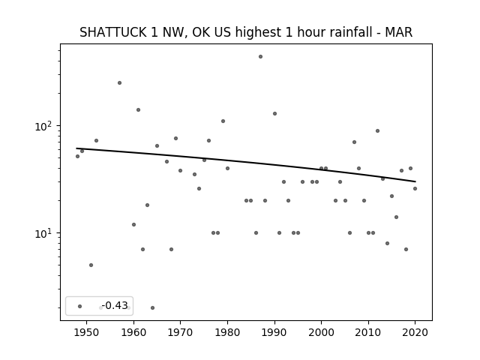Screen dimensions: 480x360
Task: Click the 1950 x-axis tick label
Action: coord(87,332)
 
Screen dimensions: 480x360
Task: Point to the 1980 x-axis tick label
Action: coord(227,332)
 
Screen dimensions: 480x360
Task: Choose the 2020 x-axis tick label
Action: coord(415,332)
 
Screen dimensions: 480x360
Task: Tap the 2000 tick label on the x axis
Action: coord(321,332)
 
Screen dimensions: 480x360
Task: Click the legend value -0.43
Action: coord(115,305)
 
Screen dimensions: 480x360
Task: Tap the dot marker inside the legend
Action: coord(80,306)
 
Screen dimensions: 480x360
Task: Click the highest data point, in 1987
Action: coord(260,57)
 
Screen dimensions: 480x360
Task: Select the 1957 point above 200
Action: coord(120,83)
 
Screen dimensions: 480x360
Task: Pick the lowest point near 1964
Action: coord(152,308)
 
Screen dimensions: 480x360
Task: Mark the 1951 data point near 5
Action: coord(91,265)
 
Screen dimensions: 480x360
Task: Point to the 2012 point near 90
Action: coord(377,131)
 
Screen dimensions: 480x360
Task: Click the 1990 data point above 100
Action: coord(275,113)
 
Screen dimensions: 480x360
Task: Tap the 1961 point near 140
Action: coord(138,110)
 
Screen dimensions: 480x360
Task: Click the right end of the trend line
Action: coord(415,181)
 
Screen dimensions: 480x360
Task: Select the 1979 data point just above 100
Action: coord(223,121)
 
